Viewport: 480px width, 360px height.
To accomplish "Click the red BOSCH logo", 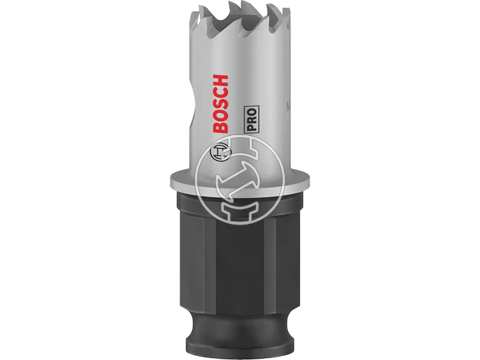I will tap(220, 104).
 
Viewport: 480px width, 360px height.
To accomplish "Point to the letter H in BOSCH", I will tap(220, 81).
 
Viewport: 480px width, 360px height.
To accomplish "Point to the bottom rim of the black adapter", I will tap(239, 348).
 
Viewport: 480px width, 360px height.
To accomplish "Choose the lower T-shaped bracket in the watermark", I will tap(240, 210).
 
